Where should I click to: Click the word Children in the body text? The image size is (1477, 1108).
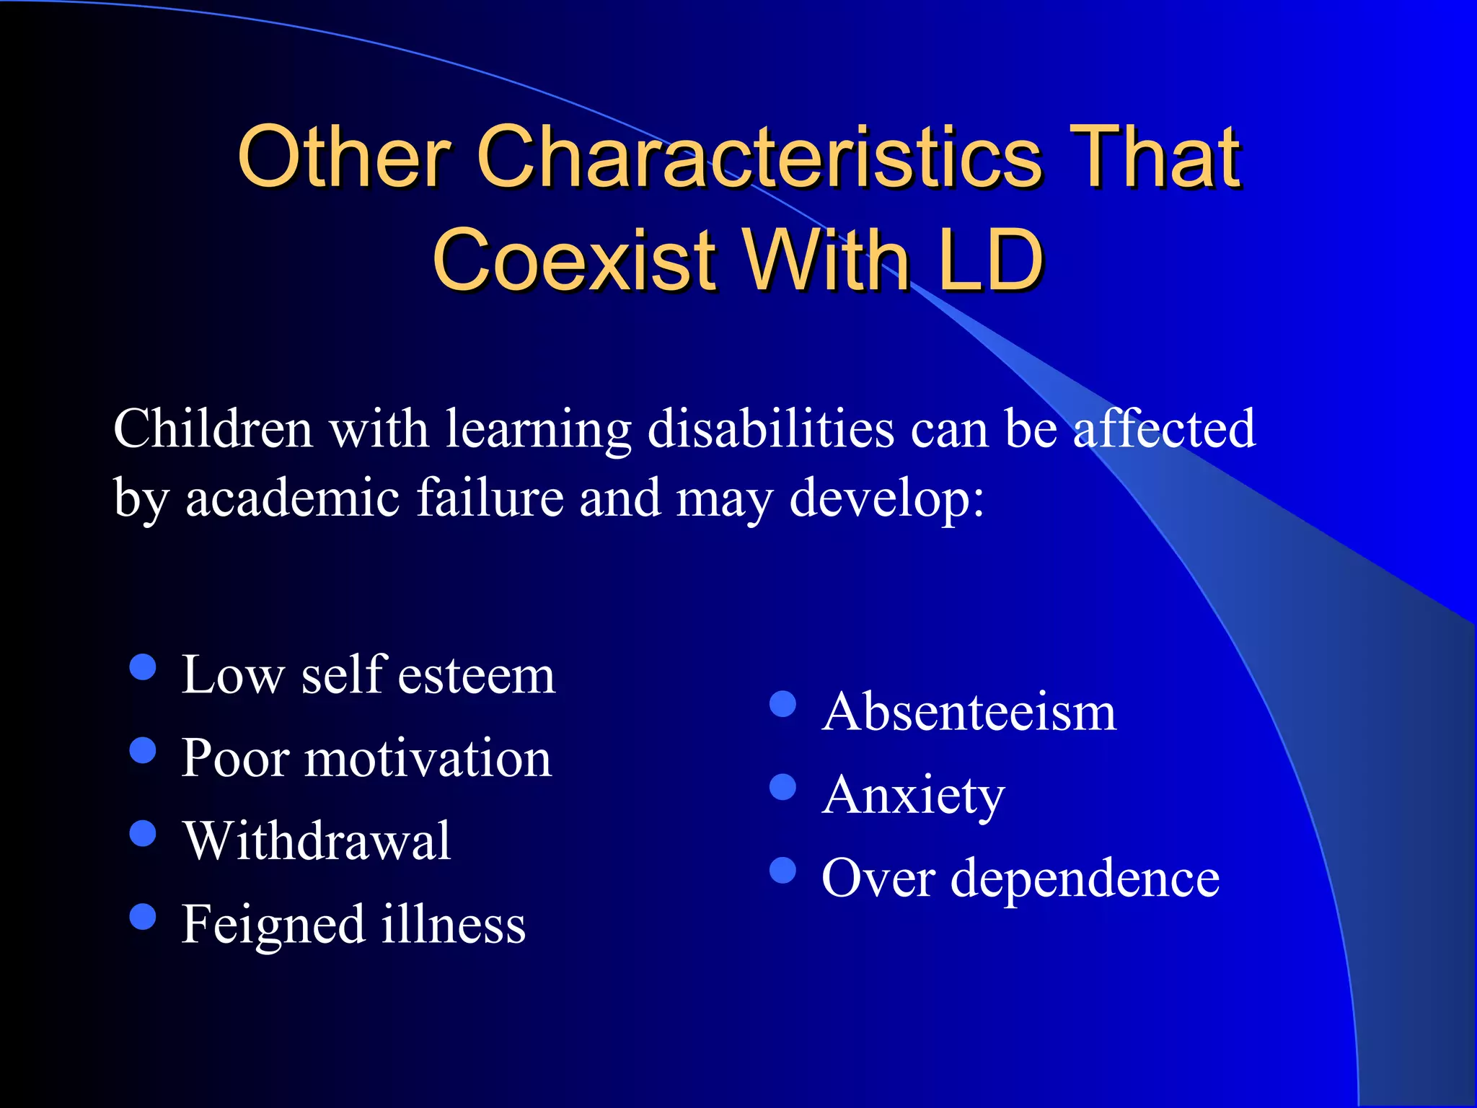(x=213, y=429)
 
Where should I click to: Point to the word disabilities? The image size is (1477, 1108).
(x=771, y=429)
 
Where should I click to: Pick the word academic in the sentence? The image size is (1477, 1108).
(x=293, y=498)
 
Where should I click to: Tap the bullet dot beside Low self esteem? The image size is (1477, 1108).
(x=143, y=667)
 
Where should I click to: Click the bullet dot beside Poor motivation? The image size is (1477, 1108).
(x=143, y=750)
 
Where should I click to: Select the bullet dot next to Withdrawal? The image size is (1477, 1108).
(x=143, y=833)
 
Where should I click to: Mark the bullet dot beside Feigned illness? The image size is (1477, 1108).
(x=143, y=917)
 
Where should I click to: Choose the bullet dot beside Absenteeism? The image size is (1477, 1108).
(x=782, y=704)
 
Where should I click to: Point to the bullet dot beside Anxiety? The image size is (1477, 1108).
(x=782, y=787)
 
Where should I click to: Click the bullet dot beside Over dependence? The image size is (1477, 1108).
(x=782, y=870)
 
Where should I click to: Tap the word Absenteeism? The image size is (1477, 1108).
(x=969, y=712)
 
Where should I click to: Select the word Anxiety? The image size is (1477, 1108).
(x=913, y=796)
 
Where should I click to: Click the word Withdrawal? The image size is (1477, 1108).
(x=317, y=841)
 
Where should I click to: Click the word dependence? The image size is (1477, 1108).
(x=1085, y=879)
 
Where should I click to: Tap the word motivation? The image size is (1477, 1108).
(x=428, y=759)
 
